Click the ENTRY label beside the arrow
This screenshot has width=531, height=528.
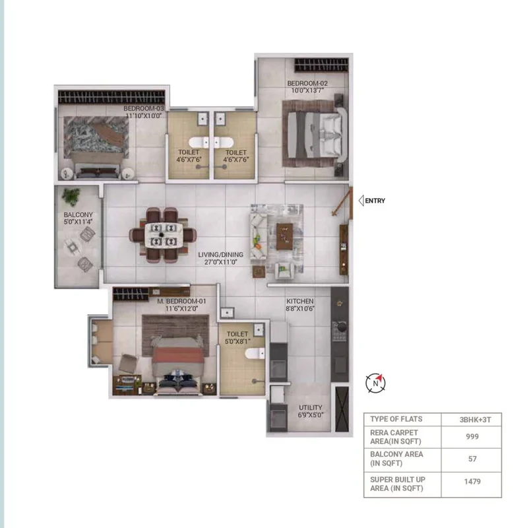pyautogui.click(x=375, y=201)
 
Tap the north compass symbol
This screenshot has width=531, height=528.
pyautogui.click(x=375, y=382)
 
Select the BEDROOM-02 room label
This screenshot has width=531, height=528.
pyautogui.click(x=307, y=83)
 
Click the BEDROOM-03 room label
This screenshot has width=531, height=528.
pyautogui.click(x=143, y=108)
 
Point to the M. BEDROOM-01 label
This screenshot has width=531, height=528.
pyautogui.click(x=182, y=302)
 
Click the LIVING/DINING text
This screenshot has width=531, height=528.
pyautogui.click(x=220, y=254)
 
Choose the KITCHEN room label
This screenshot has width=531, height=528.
pyautogui.click(x=299, y=301)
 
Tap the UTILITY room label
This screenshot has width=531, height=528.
pyautogui.click(x=310, y=407)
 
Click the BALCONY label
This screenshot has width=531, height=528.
pyautogui.click(x=78, y=215)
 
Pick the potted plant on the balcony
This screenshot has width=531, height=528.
pyautogui.click(x=71, y=196)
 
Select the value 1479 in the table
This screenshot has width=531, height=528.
pyautogui.click(x=471, y=482)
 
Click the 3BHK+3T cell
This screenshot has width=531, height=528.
pyautogui.click(x=471, y=419)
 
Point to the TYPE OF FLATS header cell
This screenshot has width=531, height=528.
pyautogui.click(x=396, y=419)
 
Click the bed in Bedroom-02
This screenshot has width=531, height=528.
pyautogui.click(x=315, y=133)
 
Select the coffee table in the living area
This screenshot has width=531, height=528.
pyautogui.click(x=284, y=236)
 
